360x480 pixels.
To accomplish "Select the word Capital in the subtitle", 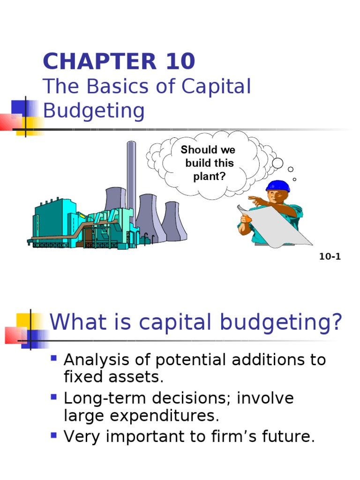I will click(x=216, y=87).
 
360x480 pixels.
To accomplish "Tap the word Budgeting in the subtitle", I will click(x=94, y=112).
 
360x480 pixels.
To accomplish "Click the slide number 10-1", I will click(x=330, y=257).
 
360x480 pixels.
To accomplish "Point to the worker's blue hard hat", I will click(x=278, y=186).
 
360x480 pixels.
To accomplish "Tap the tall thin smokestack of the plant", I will click(x=132, y=178).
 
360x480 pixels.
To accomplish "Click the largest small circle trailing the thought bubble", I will click(x=277, y=163).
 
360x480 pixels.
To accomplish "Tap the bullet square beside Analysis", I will click(x=54, y=359).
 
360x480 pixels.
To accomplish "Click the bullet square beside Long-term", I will click(x=54, y=397).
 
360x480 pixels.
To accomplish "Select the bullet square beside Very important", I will click(x=54, y=435).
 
